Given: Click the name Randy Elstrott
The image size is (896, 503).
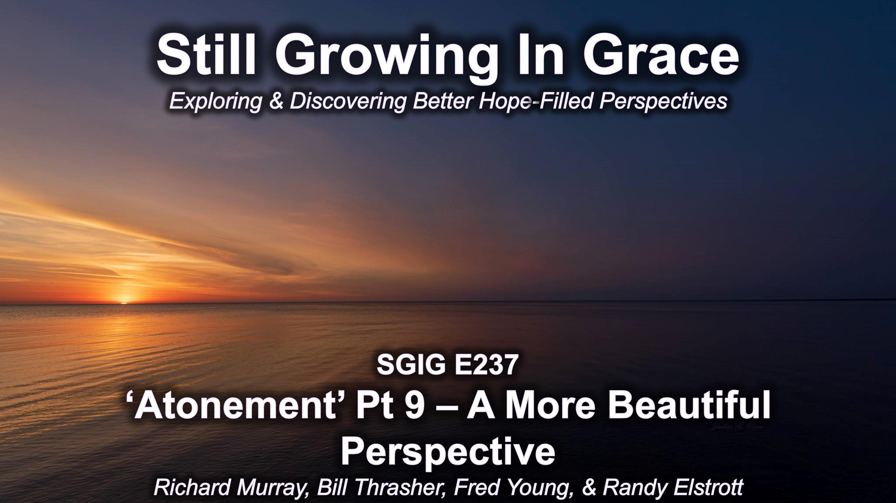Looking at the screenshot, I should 673,488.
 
